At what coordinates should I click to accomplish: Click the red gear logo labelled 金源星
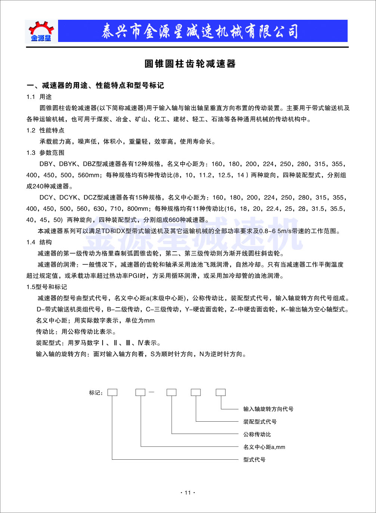[x=41, y=31]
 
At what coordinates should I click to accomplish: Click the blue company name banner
[x=202, y=31]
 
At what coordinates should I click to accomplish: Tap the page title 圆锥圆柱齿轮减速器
[x=190, y=64]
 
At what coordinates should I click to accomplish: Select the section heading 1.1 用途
[x=39, y=97]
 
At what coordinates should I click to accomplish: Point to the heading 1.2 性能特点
[x=45, y=130]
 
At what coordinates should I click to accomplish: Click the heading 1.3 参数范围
[x=45, y=153]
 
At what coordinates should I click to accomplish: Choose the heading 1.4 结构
[x=39, y=242]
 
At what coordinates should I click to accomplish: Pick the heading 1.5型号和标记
[x=47, y=287]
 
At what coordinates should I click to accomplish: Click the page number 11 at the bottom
[x=187, y=492]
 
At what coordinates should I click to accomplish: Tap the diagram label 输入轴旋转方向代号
[x=268, y=409]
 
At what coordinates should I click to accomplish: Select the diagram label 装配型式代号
[x=260, y=422]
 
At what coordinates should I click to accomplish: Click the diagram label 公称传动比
[x=257, y=434]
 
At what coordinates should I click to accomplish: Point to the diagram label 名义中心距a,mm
[x=264, y=447]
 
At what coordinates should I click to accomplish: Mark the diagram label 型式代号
[x=254, y=460]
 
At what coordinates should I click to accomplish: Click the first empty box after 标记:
[x=112, y=392]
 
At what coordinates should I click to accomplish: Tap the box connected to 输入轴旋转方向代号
[x=221, y=392]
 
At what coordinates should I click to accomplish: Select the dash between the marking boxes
[x=151, y=392]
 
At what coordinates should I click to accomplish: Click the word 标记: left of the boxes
[x=96, y=393]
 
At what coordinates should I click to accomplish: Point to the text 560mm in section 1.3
[x=88, y=175]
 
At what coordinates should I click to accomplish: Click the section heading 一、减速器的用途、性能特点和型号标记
[x=95, y=85]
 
